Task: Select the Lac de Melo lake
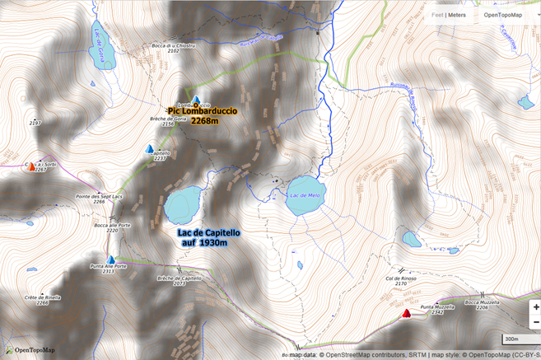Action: tap(305, 196)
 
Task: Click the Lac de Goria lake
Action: tap(102, 46)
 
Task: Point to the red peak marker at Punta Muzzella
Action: tap(406, 313)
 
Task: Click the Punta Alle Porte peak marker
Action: tap(110, 260)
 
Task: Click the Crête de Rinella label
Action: tap(42, 299)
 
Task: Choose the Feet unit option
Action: tap(438, 15)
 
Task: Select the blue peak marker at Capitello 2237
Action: tap(149, 150)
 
